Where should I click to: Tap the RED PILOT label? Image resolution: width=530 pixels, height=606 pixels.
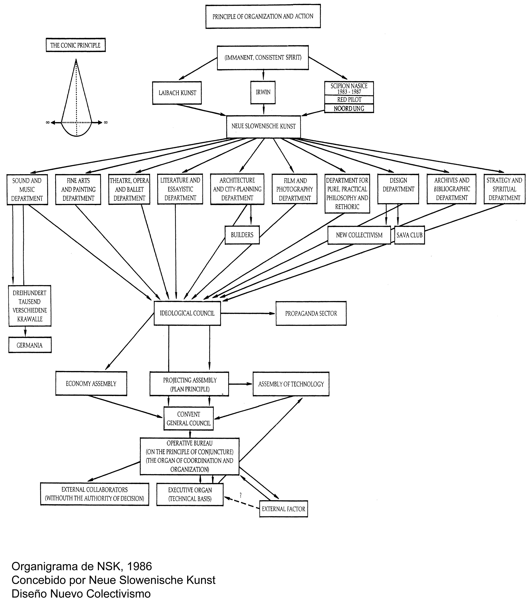point(349,100)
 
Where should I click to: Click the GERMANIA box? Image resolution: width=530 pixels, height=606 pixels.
point(30,345)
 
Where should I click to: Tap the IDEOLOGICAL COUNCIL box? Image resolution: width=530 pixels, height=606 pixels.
point(187,313)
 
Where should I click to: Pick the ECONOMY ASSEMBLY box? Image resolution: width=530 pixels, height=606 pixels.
point(91,384)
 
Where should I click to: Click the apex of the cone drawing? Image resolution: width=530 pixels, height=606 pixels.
point(76,60)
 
